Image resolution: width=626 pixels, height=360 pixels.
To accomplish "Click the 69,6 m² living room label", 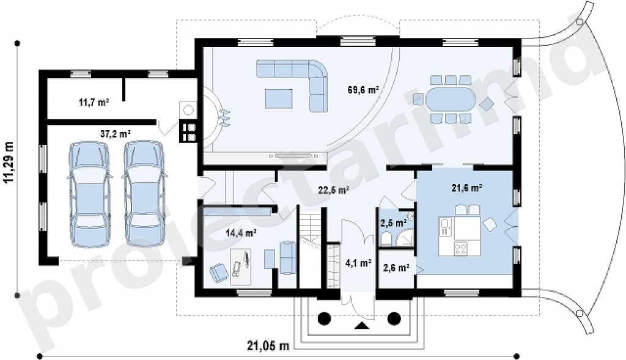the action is (363, 90).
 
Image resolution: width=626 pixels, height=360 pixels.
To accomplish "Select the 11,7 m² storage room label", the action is (94, 102).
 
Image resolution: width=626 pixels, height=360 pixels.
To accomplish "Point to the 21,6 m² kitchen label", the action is (467, 187).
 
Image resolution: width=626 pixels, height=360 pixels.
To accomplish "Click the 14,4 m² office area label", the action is (241, 233).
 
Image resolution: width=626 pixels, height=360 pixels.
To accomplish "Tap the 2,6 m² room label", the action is (396, 268).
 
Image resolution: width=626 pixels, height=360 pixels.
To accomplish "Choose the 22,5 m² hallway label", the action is (334, 190).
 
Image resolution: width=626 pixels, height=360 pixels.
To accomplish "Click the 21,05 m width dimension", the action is (268, 345).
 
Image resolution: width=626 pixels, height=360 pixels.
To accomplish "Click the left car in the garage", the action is (89, 194).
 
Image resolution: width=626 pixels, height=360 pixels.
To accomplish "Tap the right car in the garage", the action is (144, 193).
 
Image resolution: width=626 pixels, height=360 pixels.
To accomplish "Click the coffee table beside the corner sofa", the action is (279, 98).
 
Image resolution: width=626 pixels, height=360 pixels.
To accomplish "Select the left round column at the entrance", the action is (324, 318).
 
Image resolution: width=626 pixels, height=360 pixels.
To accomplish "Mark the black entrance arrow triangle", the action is (362, 325).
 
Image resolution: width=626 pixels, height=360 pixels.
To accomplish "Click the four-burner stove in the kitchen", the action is (461, 249).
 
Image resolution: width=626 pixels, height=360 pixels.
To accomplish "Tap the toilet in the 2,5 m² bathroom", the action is (386, 238).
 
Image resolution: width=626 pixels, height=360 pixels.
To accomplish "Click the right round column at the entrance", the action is (394, 318).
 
